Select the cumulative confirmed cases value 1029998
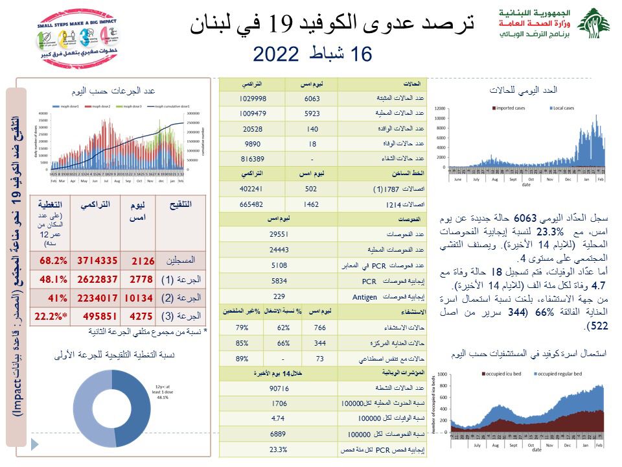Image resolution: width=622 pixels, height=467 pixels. pyautogui.click(x=254, y=98)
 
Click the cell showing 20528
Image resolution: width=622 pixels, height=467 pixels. pyautogui.click(x=254, y=128)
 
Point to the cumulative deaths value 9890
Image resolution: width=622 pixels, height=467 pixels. pyautogui.click(x=254, y=143)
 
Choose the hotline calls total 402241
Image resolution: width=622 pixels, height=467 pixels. pyautogui.click(x=254, y=189)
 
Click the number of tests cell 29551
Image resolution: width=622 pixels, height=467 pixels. pyautogui.click(x=278, y=233)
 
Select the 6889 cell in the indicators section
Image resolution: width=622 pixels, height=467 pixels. pyautogui.click(x=278, y=433)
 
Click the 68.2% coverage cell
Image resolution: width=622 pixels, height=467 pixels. pyautogui.click(x=53, y=260)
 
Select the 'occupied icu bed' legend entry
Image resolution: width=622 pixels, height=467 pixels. pyautogui.click(x=502, y=374)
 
